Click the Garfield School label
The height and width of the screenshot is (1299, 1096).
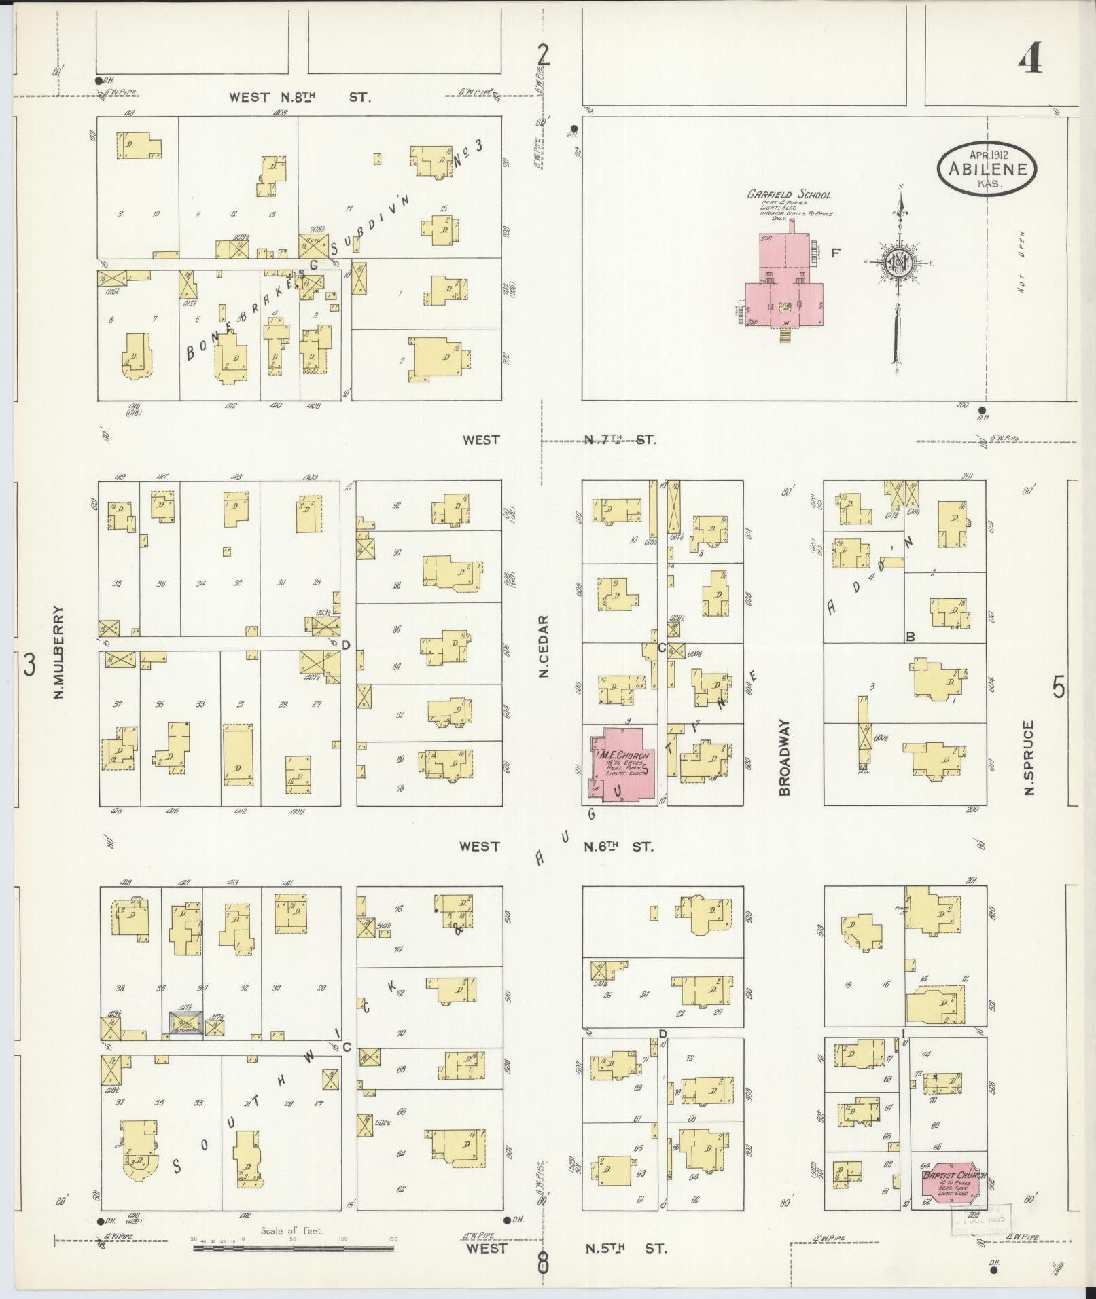coord(789,194)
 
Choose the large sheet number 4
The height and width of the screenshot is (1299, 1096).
coord(1030,60)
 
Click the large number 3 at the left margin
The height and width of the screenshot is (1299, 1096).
coord(29,664)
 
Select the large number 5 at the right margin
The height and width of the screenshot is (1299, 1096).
coord(1059,689)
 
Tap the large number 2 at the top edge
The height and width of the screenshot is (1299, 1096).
coord(543,54)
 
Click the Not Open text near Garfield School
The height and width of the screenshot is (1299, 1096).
coord(1021,262)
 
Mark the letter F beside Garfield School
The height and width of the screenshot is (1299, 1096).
coord(836,253)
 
